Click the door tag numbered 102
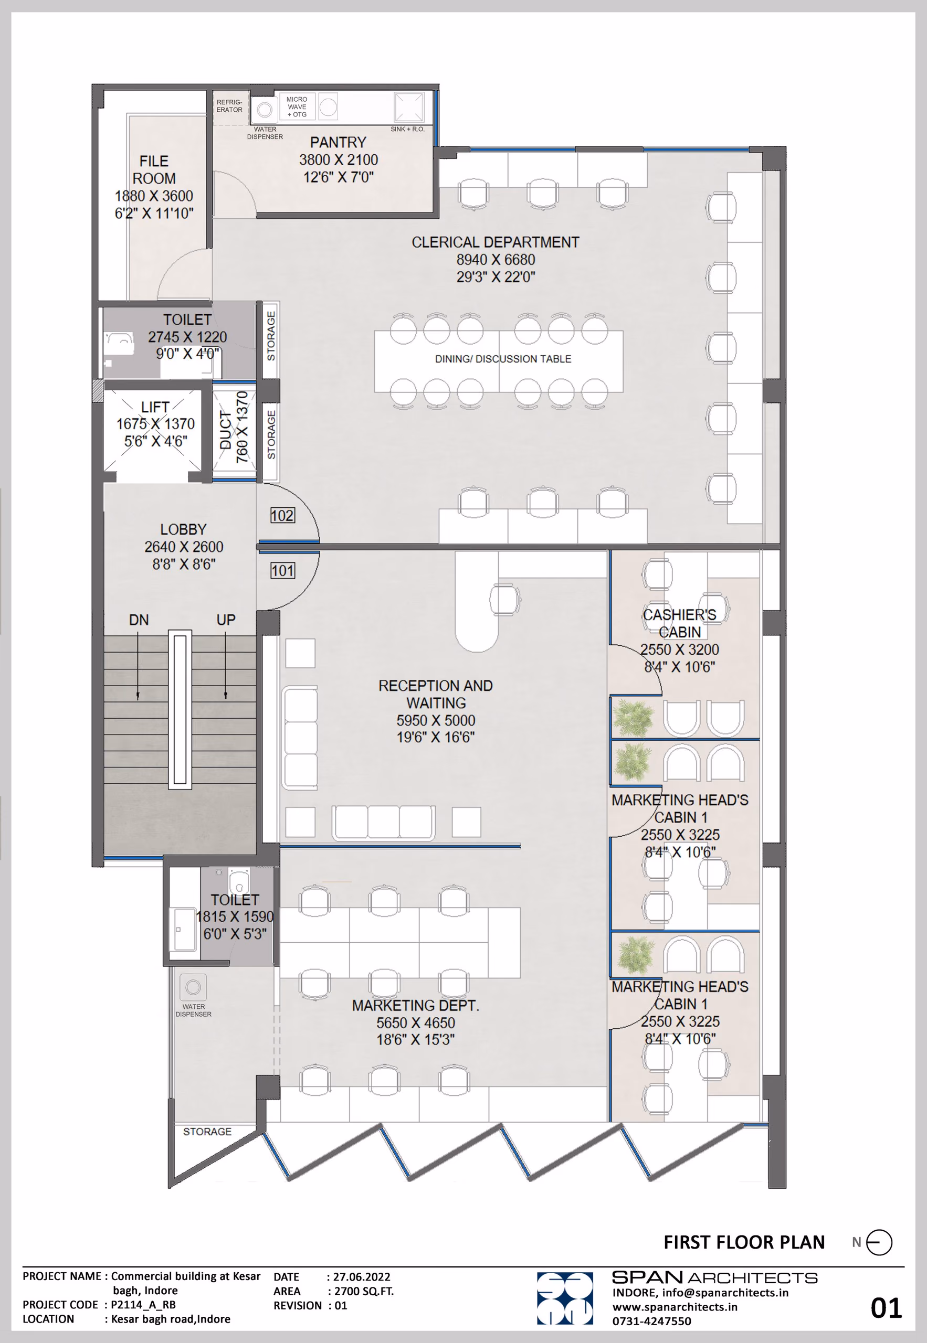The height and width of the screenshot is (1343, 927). pos(282,515)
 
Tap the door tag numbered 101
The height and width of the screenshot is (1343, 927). pos(282,571)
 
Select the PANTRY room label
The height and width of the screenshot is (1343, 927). pos(338,142)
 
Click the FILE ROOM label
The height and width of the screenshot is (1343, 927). pos(154,169)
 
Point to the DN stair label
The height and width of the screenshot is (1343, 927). pos(139,620)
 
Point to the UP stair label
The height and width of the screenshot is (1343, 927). pos(226,620)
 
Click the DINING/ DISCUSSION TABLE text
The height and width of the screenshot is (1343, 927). pos(503,359)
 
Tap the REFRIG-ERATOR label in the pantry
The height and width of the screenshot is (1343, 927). pos(229,105)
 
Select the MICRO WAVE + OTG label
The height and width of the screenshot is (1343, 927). pos(297,107)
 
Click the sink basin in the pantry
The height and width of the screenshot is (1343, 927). pos(409,107)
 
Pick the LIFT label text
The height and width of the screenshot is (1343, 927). pos(155,407)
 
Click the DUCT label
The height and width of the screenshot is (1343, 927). pos(226,430)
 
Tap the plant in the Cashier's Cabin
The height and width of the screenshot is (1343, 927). pos(633,719)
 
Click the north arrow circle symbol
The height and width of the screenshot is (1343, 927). pos(879,1243)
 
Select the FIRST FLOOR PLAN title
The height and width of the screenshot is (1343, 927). pos(744,1243)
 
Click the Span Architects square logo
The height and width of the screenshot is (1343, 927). pos(565,1298)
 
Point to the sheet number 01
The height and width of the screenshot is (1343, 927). pos(886,1308)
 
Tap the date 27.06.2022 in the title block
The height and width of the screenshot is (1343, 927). pos(361,1277)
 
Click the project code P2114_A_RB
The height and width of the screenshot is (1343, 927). pos(143,1305)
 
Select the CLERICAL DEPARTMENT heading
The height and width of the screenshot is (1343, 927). pos(496,242)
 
